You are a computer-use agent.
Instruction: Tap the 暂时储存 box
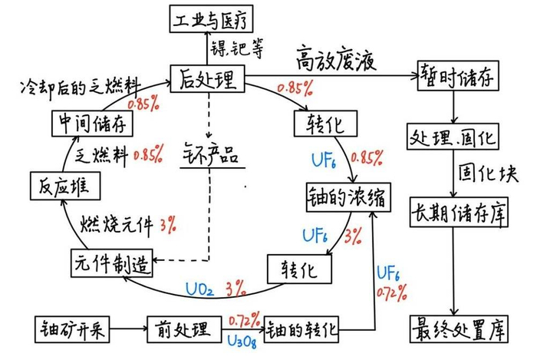tap(456, 76)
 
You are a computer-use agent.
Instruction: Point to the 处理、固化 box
tap(454, 139)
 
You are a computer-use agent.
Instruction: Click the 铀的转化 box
tap(301, 332)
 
